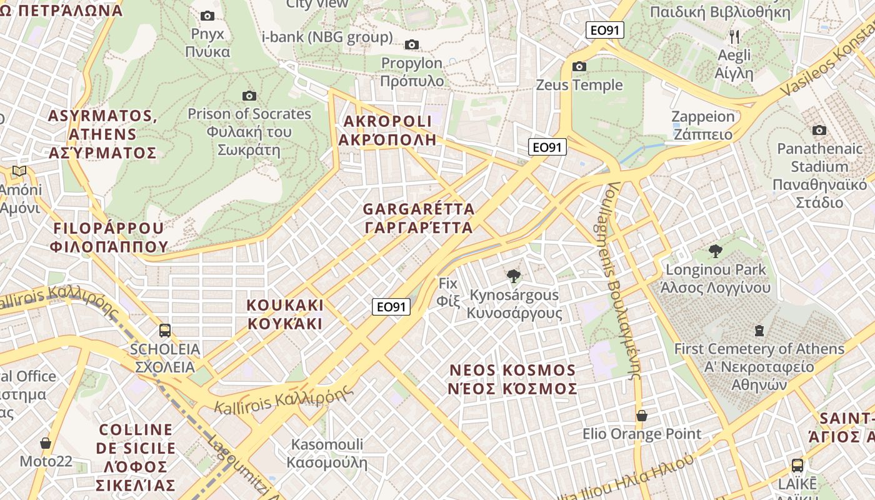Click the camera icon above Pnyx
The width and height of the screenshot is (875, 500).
pos(207,16)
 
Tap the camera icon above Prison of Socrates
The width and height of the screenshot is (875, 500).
pos(249,96)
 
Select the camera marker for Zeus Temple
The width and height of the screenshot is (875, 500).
pos(579,66)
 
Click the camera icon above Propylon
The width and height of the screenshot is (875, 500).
pos(411,44)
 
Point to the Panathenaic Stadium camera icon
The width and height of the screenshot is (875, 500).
pos(819,130)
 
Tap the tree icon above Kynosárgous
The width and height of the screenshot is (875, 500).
pos(514,276)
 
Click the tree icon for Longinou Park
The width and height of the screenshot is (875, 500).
pos(716,251)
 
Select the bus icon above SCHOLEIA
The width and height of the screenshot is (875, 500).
pos(165,330)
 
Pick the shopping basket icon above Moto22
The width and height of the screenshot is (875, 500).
pos(46,443)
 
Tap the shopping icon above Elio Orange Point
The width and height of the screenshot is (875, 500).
pos(641,415)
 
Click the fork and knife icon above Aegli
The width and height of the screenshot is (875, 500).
pos(734,37)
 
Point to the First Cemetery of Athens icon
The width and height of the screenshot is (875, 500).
pos(759,330)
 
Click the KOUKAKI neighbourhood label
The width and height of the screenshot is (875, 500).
pos(285,314)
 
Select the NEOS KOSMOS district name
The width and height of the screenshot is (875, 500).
pos(512,379)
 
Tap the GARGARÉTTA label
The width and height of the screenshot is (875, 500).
pos(418,218)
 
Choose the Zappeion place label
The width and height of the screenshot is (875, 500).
pos(702,125)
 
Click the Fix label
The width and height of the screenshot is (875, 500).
pos(448,292)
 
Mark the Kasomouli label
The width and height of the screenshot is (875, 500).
pos(327,454)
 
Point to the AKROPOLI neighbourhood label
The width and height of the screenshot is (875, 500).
pos(387,130)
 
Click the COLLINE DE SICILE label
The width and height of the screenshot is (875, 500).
pos(136,457)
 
